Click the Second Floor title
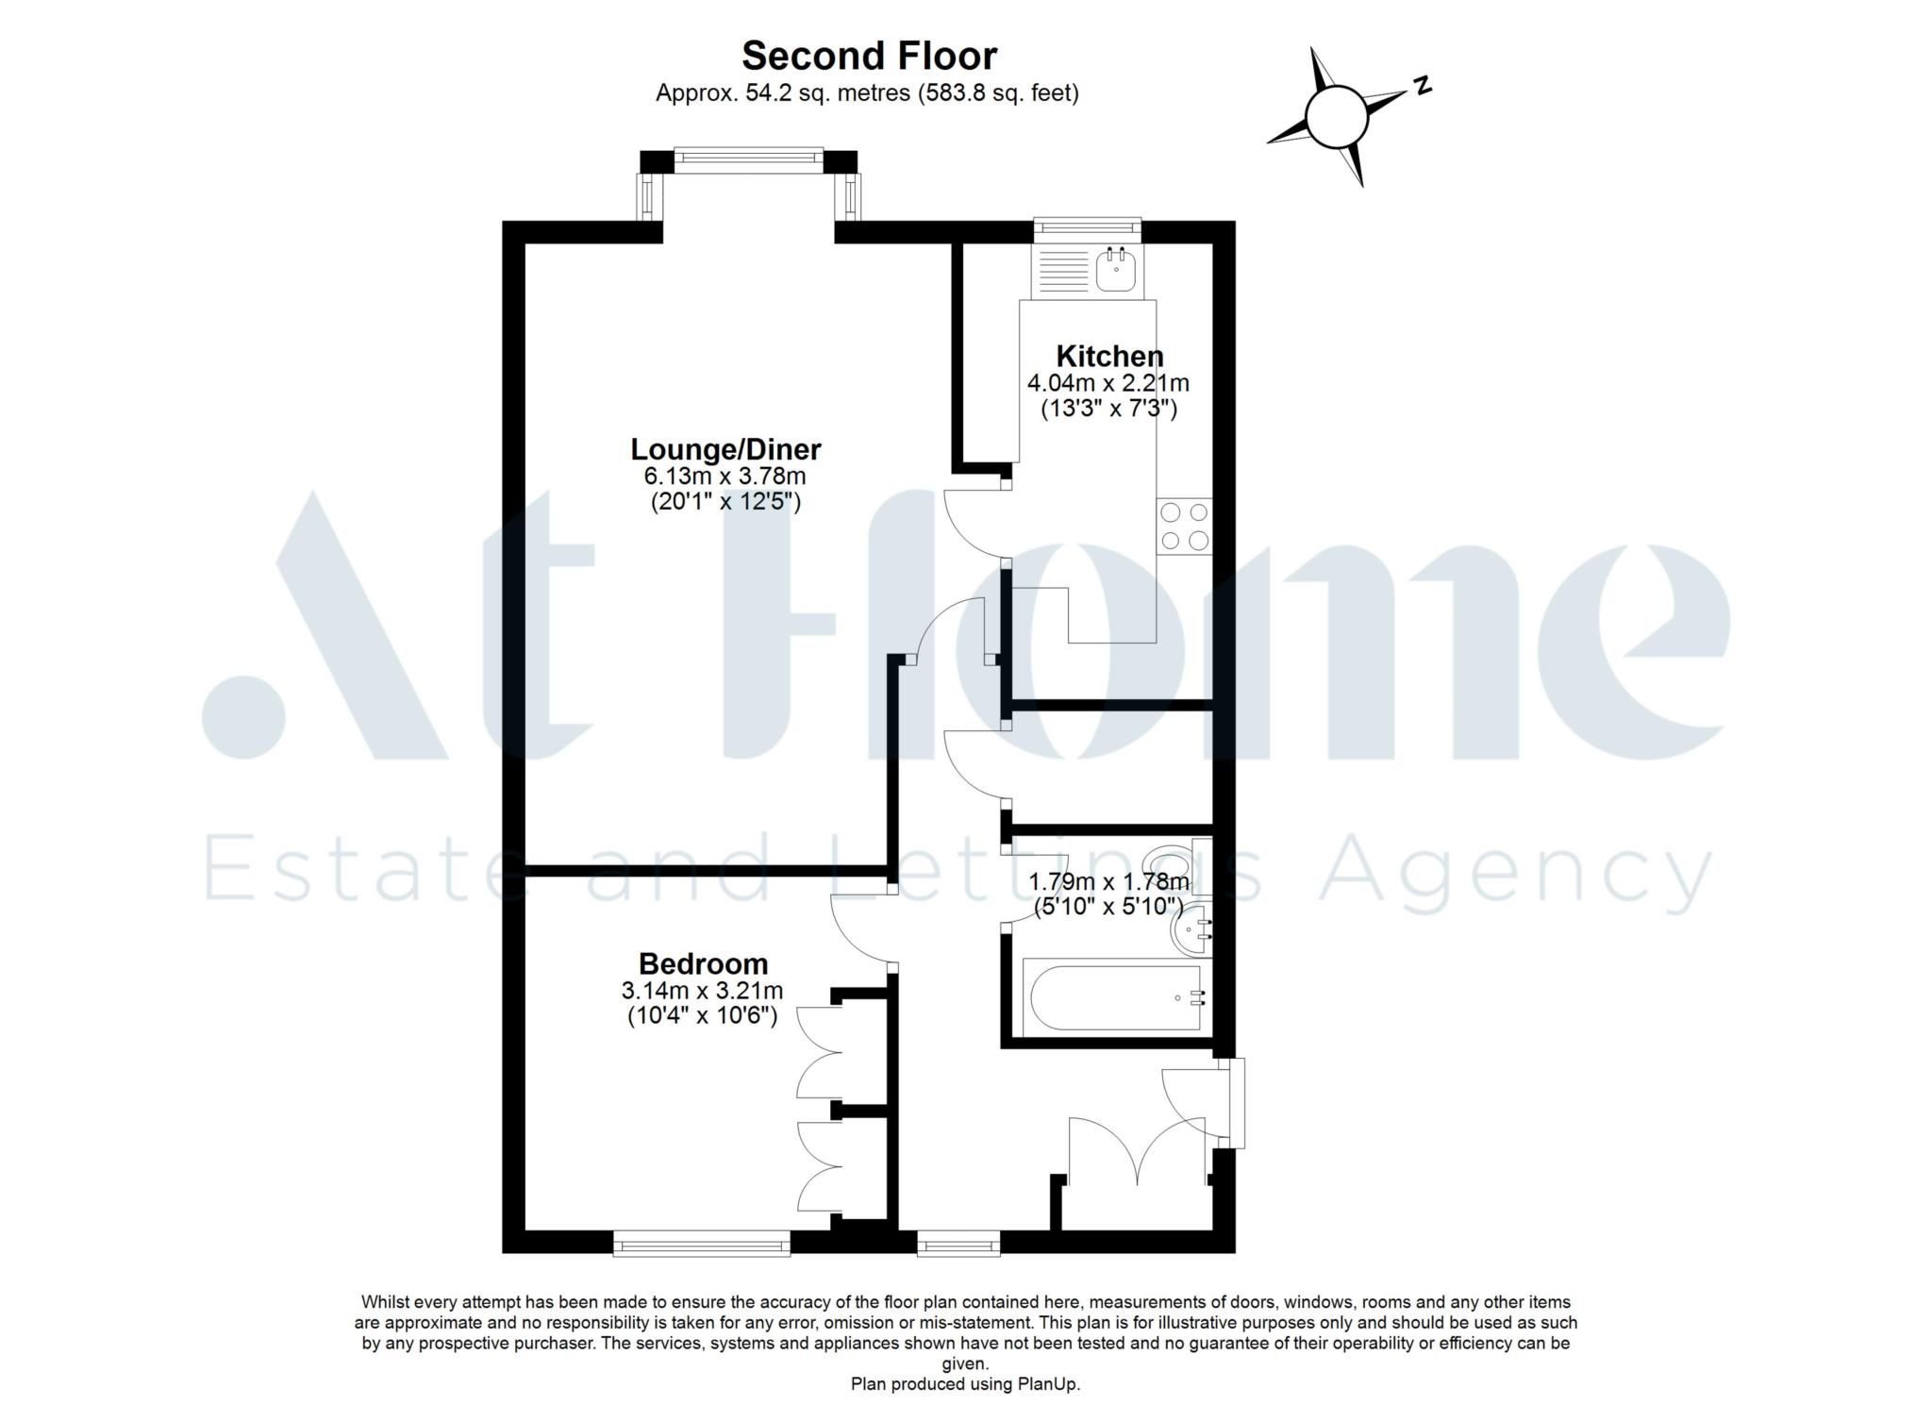point(868,56)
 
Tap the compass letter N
point(1423,86)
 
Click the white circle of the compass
point(1336,117)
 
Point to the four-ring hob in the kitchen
point(1184,527)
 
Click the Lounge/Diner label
point(725,449)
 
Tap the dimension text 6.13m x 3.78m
point(725,476)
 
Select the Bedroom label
point(703,963)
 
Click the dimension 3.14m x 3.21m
point(702,991)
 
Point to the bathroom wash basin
point(1191,931)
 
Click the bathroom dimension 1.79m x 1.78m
point(1108,882)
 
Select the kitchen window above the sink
point(1087,226)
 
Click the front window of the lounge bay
point(748,159)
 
